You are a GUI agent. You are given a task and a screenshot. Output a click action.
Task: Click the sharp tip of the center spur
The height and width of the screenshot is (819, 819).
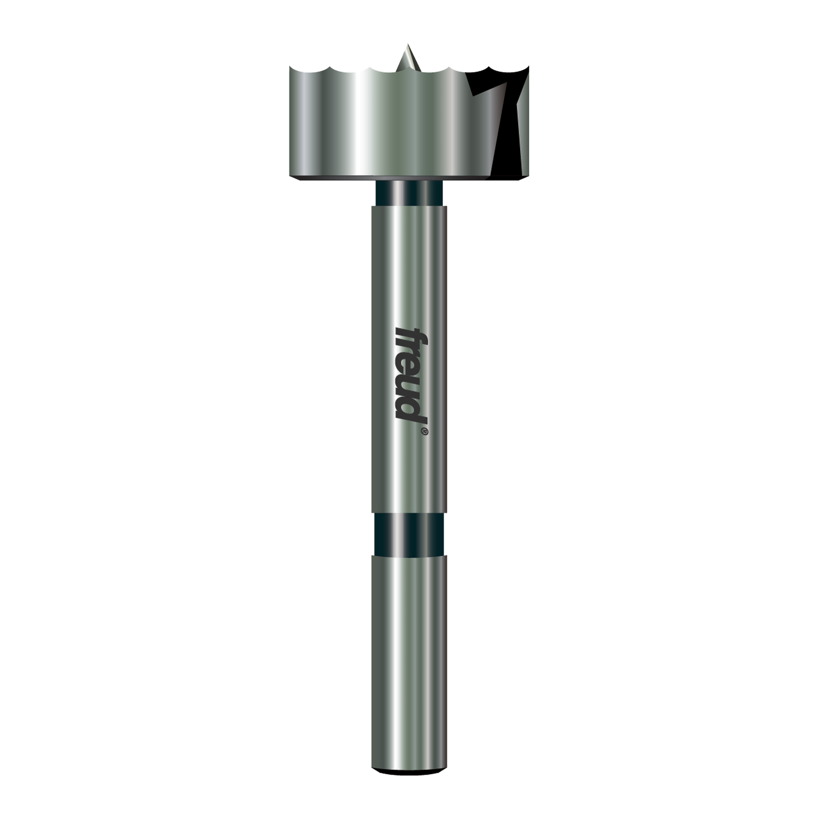[x=407, y=45]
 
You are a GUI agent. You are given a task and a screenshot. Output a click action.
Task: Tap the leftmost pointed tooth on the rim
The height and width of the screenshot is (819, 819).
[x=290, y=67]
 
